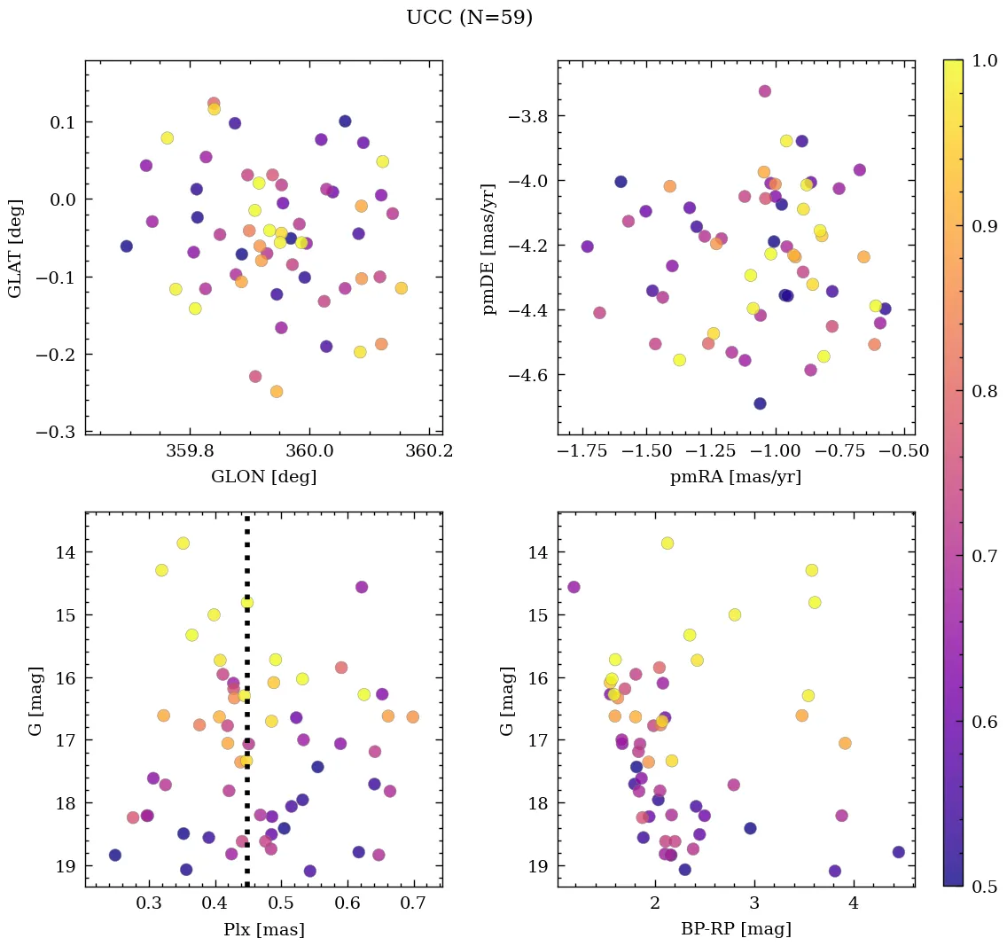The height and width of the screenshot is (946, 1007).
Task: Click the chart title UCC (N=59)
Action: [x=469, y=18]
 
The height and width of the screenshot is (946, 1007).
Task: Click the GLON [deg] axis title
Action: [x=263, y=477]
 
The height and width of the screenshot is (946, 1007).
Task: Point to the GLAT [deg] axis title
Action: [x=15, y=247]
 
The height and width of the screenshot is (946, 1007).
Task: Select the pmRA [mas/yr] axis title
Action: [x=736, y=477]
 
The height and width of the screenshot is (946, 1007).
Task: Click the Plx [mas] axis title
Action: [x=263, y=929]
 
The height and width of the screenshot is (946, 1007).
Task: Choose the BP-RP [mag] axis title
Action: [x=736, y=929]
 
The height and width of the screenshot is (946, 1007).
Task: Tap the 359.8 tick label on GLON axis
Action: [x=191, y=452]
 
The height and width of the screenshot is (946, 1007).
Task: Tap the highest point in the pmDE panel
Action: [x=765, y=91]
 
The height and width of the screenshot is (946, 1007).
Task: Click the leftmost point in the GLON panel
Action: [x=127, y=246]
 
